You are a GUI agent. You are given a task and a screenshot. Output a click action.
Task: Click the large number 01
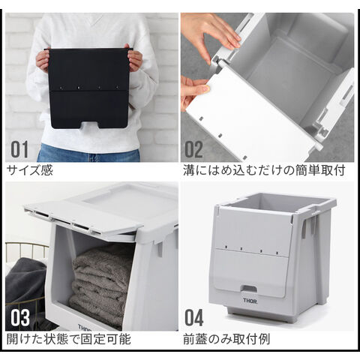click(19, 149)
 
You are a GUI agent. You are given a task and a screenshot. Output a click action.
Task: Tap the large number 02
click(193, 149)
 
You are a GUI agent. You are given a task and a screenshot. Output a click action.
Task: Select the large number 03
click(20, 318)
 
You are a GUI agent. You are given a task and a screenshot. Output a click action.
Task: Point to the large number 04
click(193, 318)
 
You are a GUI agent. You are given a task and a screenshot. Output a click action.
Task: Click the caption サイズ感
click(30, 170)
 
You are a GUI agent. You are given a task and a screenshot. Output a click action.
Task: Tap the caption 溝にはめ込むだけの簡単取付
click(264, 170)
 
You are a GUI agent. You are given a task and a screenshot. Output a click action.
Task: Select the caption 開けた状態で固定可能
click(69, 339)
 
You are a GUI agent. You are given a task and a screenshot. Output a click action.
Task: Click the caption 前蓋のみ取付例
click(226, 339)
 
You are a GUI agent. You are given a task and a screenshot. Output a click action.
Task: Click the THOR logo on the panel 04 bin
click(250, 301)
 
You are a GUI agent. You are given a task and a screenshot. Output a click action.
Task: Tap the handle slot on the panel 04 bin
click(249, 289)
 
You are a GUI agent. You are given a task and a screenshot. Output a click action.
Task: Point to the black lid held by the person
click(88, 88)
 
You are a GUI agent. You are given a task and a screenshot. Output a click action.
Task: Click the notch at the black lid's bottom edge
click(89, 125)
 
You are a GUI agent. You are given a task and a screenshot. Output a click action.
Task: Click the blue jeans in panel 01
click(88, 153)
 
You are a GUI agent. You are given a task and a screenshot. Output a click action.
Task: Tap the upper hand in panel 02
click(211, 33)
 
